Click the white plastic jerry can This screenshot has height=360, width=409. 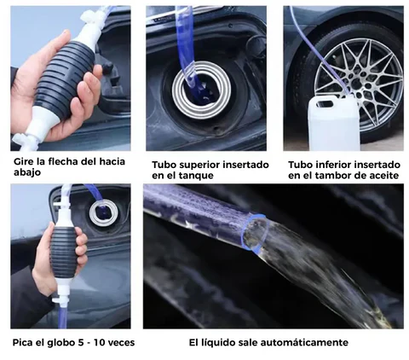click(334, 123)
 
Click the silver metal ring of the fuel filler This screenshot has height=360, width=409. click(201, 90)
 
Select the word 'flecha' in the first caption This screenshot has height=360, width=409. click(63, 161)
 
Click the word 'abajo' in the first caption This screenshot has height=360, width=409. click(27, 172)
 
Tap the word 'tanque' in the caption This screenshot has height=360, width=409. click(198, 176)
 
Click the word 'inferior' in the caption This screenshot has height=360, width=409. click(332, 165)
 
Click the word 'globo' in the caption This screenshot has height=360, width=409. click(60, 342)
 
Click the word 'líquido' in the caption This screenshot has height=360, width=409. click(218, 343)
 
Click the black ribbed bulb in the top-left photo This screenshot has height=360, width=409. click(64, 78)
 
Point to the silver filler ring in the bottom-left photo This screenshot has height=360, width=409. click(103, 212)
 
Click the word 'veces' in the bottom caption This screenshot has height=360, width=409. click(122, 343)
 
